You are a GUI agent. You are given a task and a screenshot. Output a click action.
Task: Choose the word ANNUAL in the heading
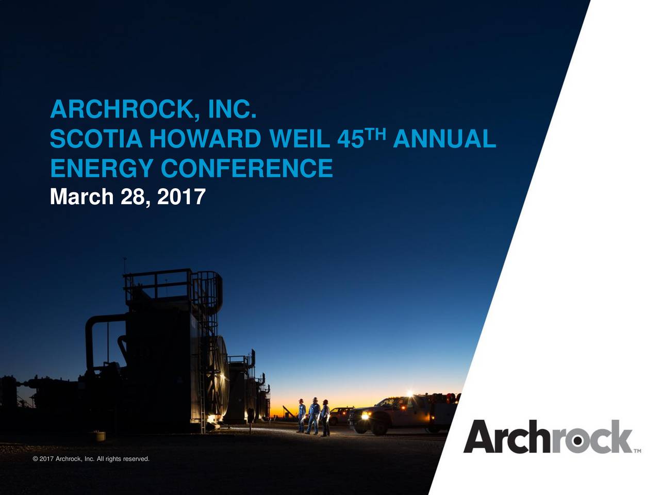pyautogui.click(x=447, y=139)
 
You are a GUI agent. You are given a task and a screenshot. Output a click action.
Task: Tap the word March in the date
pyautogui.click(x=81, y=196)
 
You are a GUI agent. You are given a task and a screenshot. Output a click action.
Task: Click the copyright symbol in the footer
pyautogui.click(x=35, y=459)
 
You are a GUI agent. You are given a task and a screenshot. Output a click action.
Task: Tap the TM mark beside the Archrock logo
pyautogui.click(x=637, y=450)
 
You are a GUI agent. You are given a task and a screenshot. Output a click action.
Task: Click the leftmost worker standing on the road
pyautogui.click(x=301, y=415)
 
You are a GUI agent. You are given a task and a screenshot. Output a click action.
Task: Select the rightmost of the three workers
pyautogui.click(x=325, y=417)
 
